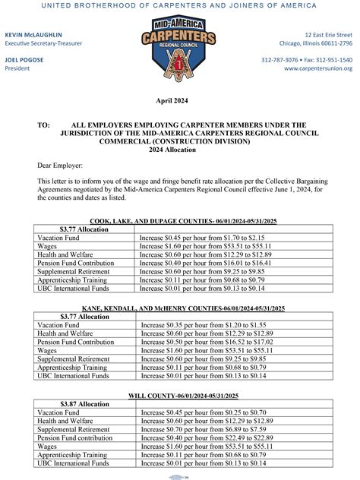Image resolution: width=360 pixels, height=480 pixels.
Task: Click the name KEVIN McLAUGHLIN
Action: pyautogui.click(x=34, y=36)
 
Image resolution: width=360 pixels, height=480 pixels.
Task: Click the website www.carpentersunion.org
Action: pyautogui.click(x=318, y=68)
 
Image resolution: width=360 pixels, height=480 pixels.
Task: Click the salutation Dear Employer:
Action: pyautogui.click(x=60, y=165)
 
